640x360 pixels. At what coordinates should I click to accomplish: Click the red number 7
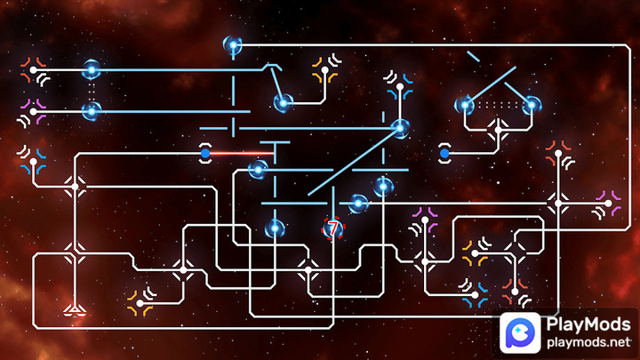pos(332,229)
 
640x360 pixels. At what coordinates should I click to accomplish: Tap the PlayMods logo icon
pos(517,331)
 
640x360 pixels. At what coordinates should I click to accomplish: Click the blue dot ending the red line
pos(205,154)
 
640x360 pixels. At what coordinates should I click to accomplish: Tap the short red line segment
pos(235,154)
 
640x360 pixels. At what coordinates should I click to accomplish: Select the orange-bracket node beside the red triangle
pos(140,302)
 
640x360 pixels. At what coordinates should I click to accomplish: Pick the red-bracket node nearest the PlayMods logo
pos(514,287)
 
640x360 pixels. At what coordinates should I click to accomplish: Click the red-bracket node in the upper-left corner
pos(34,69)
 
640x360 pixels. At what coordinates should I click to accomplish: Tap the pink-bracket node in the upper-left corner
pos(34,112)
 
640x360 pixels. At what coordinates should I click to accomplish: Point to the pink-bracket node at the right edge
pos(609,204)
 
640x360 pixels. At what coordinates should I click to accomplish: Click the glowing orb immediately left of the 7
pos(276,228)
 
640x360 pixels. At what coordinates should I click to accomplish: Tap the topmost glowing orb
pos(233,44)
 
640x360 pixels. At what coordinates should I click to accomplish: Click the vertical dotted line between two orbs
pos(91,90)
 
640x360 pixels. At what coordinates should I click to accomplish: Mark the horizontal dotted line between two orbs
pos(498,104)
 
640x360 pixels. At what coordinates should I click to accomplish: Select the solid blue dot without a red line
pos(444,154)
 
